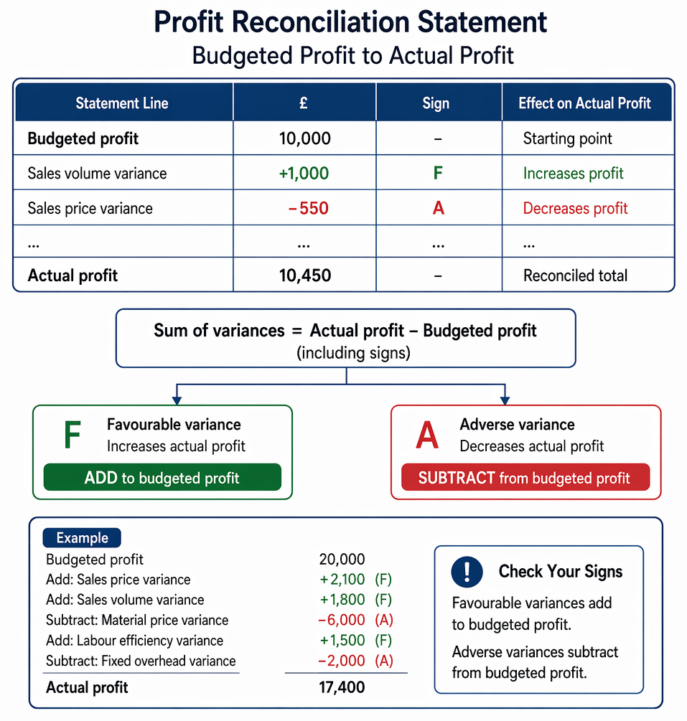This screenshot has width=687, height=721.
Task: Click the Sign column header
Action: click(436, 103)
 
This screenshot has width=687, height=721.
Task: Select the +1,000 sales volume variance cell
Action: click(304, 174)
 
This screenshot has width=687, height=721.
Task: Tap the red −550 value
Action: click(308, 208)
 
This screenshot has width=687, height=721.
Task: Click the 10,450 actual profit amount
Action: click(305, 275)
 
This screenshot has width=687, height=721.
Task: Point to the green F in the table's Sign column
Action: click(438, 174)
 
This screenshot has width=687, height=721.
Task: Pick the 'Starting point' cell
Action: click(567, 138)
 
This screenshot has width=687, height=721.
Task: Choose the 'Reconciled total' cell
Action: click(575, 275)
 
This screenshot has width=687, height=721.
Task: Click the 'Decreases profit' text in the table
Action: click(575, 208)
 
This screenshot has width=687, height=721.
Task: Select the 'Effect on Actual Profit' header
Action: click(584, 103)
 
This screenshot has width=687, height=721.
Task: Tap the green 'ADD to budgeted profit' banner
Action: click(162, 477)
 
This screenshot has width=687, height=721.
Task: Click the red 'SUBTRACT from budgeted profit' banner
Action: click(525, 477)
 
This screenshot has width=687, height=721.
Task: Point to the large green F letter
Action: click(73, 435)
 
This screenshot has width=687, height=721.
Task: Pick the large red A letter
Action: click(427, 435)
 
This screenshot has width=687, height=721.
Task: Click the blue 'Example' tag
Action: click(82, 537)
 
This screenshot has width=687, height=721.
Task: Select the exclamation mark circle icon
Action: click(467, 572)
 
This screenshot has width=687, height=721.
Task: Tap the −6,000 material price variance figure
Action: click(342, 620)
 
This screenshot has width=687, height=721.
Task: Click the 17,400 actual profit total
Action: click(342, 687)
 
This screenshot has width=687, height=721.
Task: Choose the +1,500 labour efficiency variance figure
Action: click(342, 640)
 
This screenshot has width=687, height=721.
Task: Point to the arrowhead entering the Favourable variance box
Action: click(177, 400)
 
